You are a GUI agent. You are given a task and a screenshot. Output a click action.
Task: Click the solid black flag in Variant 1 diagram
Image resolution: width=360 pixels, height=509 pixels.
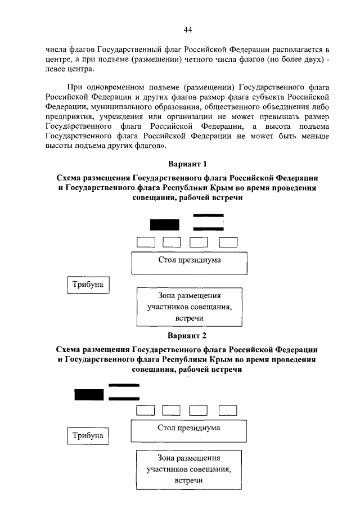point(164,225)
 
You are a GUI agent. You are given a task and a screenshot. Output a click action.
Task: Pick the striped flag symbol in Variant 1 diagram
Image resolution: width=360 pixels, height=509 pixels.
point(208,222)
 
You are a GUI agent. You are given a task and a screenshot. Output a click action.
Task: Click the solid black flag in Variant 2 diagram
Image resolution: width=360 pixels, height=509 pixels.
point(89,395)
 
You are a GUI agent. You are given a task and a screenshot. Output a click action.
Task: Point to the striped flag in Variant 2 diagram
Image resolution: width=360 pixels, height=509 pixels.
point(124,392)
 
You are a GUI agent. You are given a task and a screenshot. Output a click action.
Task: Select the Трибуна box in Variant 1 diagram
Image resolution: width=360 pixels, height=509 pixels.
point(88,285)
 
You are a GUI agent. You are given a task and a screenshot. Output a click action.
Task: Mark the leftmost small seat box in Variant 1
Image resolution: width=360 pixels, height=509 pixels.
point(146,242)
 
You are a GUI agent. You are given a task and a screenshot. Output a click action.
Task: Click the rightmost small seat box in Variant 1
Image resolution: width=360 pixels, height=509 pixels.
point(228,242)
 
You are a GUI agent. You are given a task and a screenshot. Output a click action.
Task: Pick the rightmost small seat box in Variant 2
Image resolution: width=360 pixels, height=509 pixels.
point(228,410)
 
